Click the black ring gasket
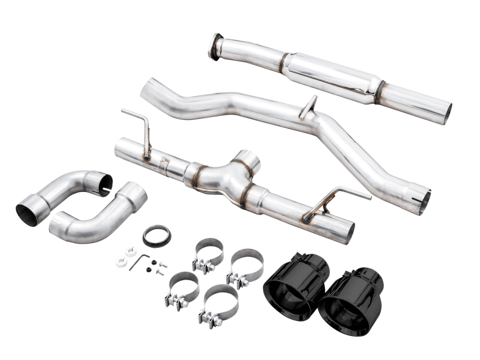[x=156, y=236]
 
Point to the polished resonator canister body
[x=330, y=76]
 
